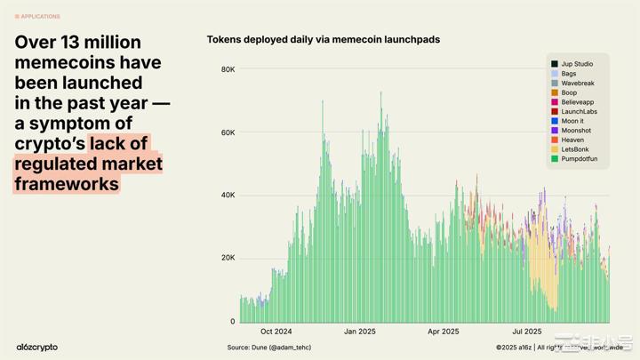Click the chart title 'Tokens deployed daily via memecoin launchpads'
[x=323, y=40]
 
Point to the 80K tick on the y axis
[x=228, y=69]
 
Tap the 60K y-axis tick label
[x=228, y=132]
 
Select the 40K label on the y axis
[x=228, y=196]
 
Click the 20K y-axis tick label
[x=228, y=259]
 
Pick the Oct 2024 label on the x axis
[x=276, y=332]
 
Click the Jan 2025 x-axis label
[x=361, y=332]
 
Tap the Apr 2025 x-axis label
[x=444, y=332]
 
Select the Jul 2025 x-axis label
[x=527, y=332]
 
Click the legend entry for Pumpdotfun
[x=579, y=159]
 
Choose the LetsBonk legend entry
[x=575, y=149]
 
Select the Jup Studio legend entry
[x=577, y=64]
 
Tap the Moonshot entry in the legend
[x=576, y=131]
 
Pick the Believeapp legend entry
[x=578, y=102]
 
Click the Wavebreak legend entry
[x=578, y=83]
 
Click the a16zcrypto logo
[x=36, y=347]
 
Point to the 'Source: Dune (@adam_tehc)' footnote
[x=270, y=347]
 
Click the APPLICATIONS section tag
[x=38, y=16]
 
